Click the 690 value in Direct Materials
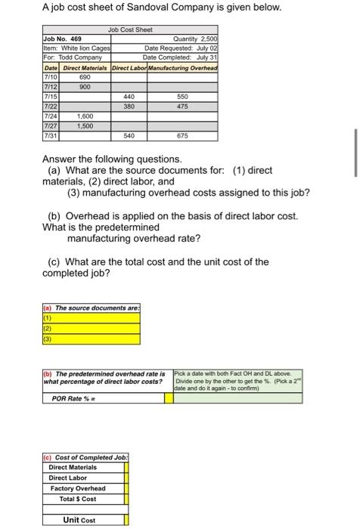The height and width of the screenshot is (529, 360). click(x=85, y=78)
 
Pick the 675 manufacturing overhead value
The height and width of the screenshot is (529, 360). click(x=182, y=137)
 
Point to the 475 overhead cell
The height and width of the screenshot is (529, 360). click(x=182, y=107)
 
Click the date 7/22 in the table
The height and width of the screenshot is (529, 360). click(x=51, y=107)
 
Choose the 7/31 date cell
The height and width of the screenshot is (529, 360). click(x=51, y=137)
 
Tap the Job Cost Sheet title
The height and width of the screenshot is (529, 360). click(x=129, y=29)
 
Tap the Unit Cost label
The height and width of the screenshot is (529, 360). click(x=79, y=520)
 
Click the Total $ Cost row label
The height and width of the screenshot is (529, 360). click(x=78, y=500)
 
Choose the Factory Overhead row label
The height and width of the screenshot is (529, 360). click(x=78, y=489)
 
